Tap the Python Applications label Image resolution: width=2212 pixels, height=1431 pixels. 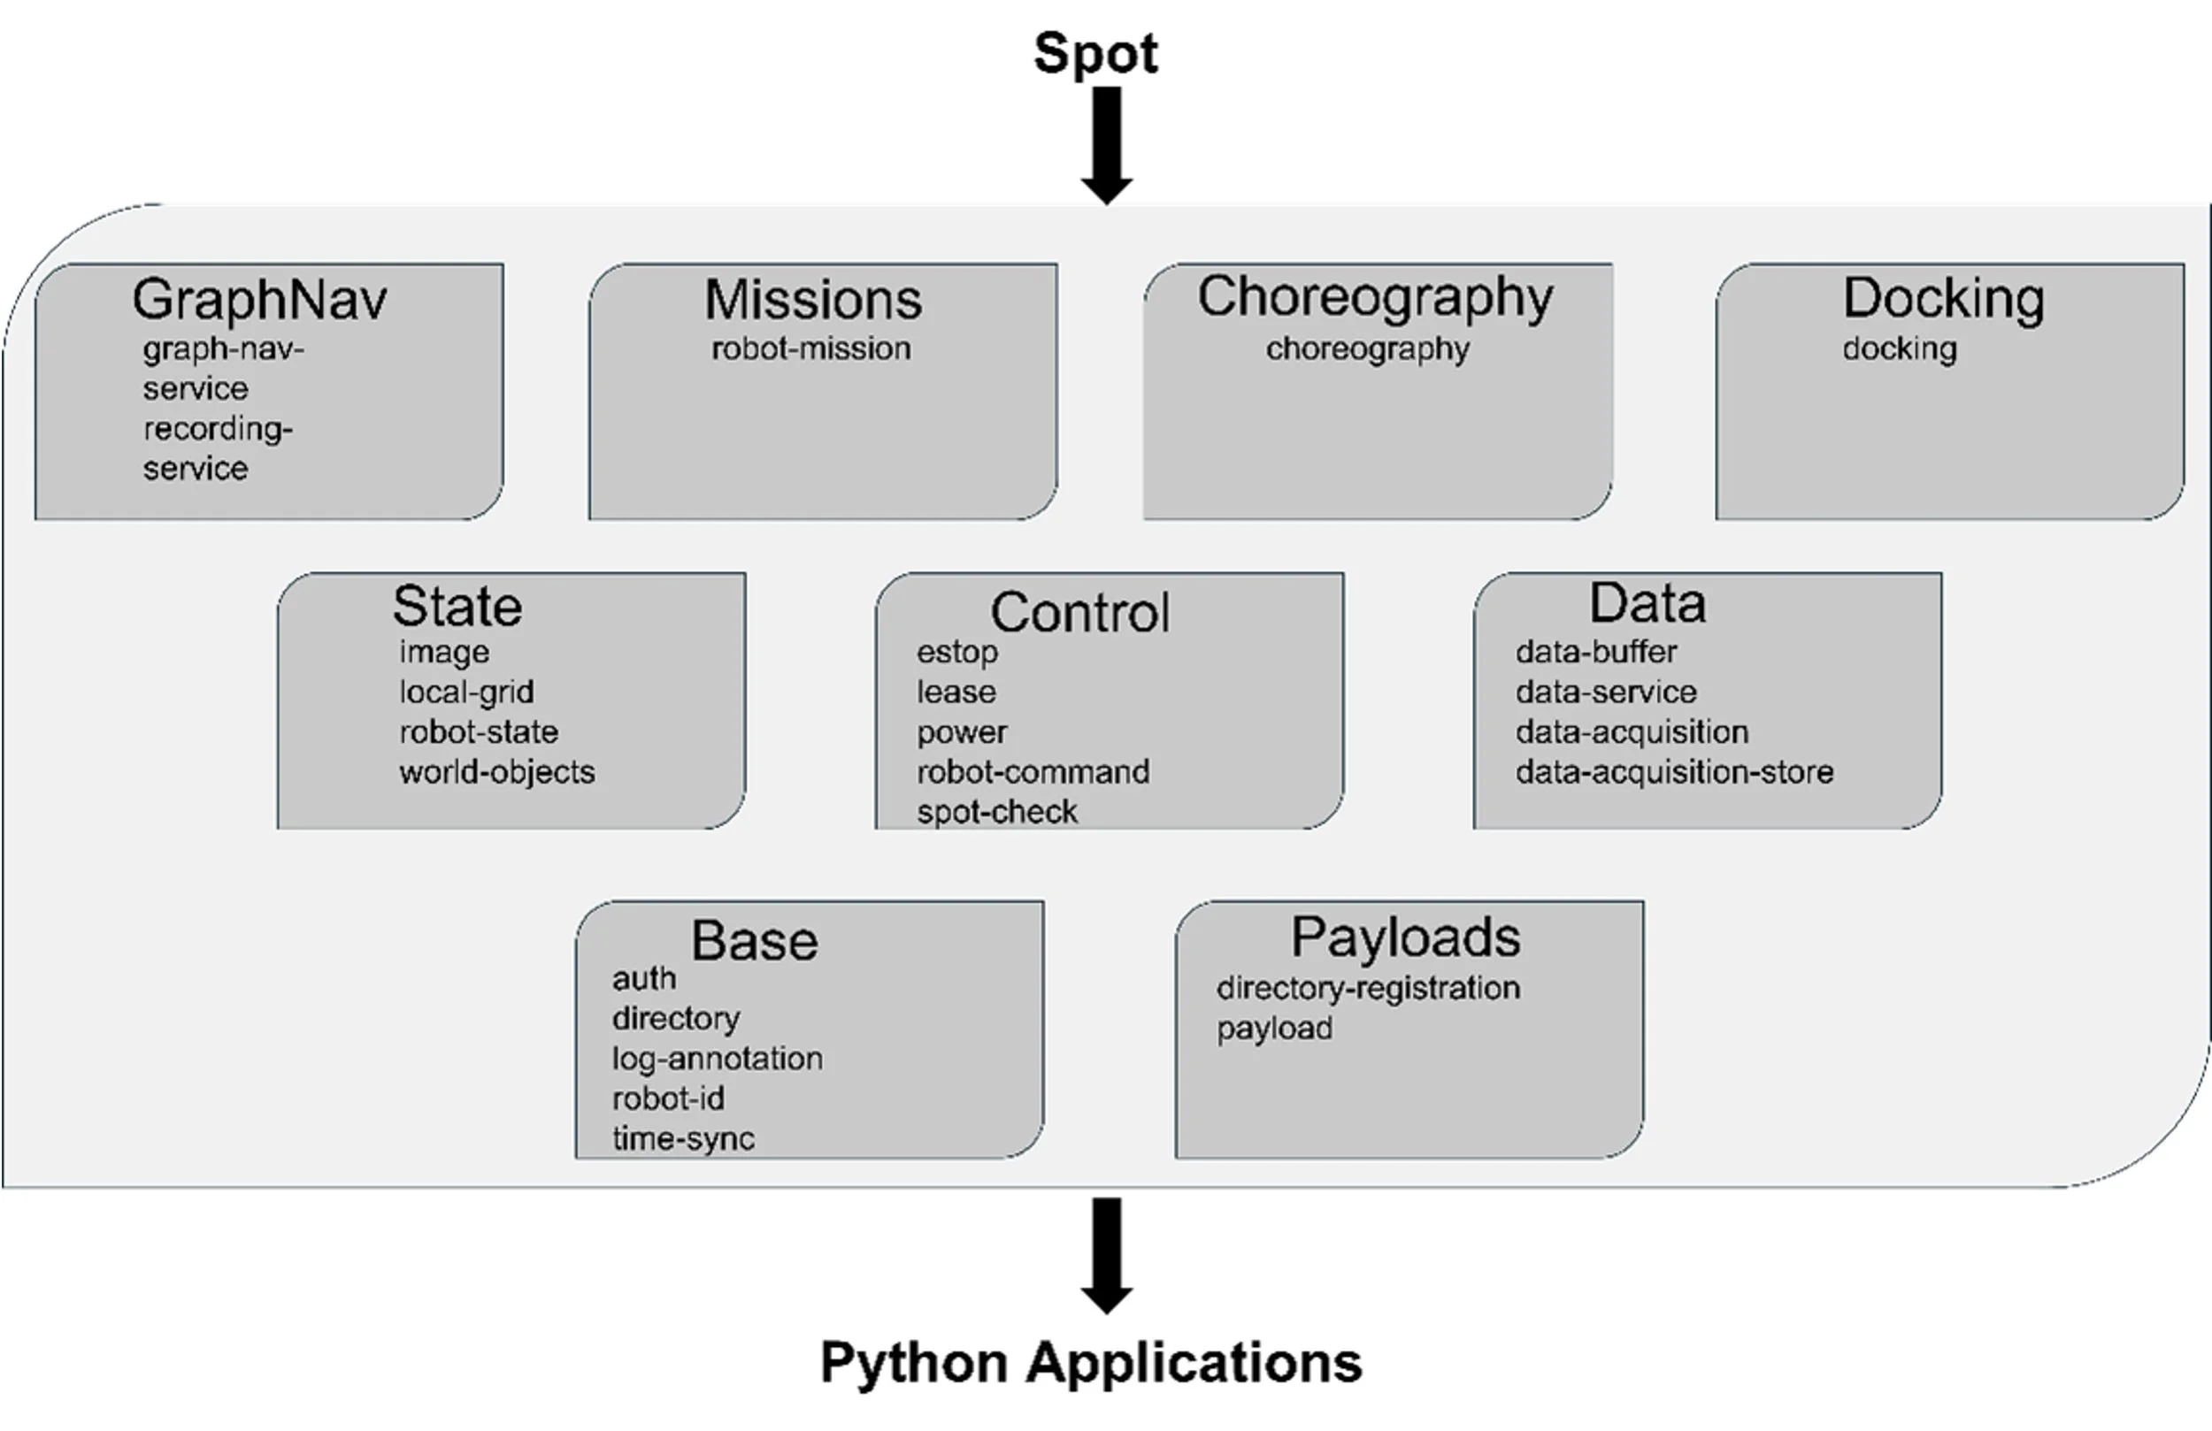[1091, 1363]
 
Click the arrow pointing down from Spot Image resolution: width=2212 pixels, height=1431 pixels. [1106, 145]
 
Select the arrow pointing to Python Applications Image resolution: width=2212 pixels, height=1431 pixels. [1106, 1255]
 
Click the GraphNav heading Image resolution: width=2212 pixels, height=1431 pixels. [259, 300]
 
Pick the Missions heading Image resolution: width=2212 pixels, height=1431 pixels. [813, 300]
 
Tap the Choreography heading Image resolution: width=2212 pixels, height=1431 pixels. [1375, 298]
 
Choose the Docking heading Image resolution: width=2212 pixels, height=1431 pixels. [1943, 298]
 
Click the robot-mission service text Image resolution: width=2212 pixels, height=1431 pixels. [811, 349]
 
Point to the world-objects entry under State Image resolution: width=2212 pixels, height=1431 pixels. [497, 772]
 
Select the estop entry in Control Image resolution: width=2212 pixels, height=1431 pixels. [957, 653]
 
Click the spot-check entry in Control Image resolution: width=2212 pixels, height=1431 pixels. [997, 812]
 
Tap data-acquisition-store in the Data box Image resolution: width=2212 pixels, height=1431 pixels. [1674, 772]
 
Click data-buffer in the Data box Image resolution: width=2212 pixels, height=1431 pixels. [1596, 653]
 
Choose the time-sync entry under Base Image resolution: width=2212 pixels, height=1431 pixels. [683, 1139]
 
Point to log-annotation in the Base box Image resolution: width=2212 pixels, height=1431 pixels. [717, 1060]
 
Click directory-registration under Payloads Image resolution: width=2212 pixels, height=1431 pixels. [1368, 989]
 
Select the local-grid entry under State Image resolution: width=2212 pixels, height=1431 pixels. [466, 693]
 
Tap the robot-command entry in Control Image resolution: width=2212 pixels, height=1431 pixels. [1033, 772]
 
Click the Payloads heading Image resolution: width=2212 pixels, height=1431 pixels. [1405, 937]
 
